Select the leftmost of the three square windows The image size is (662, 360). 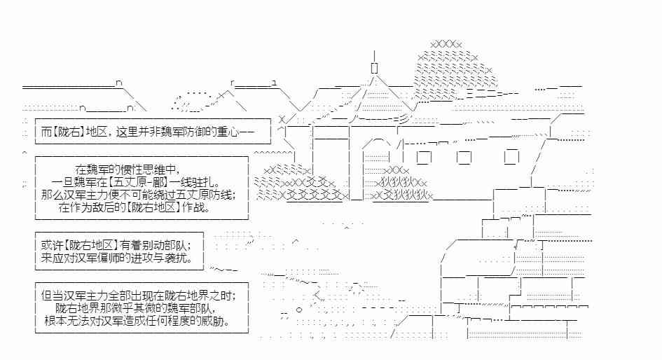[424, 158]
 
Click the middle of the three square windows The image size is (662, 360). [464, 158]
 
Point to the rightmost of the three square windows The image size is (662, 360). [511, 157]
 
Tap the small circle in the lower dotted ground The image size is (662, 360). [299, 310]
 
